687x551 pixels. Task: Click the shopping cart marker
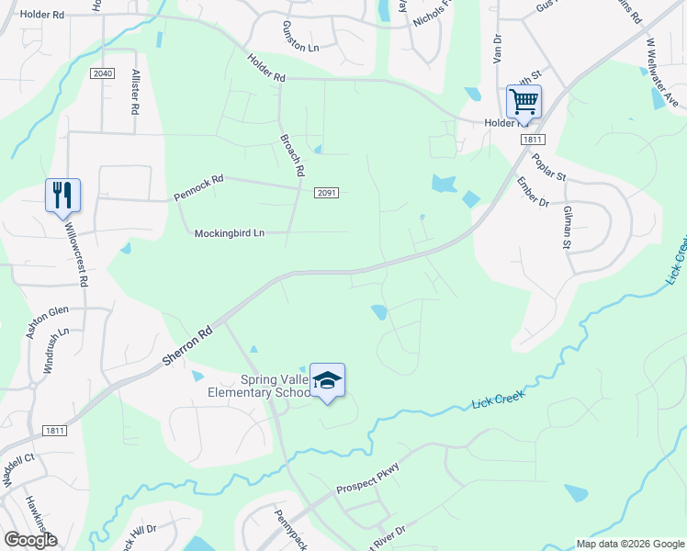tap(524, 102)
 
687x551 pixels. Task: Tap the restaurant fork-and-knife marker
tap(62, 195)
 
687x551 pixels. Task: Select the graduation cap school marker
tap(327, 379)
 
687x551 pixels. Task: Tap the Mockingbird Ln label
tap(229, 233)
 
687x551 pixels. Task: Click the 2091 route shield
tap(327, 193)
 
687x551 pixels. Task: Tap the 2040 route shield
tap(102, 73)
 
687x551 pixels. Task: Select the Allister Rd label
tap(136, 93)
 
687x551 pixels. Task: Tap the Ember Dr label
tap(532, 192)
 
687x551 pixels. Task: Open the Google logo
tap(30, 539)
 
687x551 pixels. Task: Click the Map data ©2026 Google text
tap(629, 544)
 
